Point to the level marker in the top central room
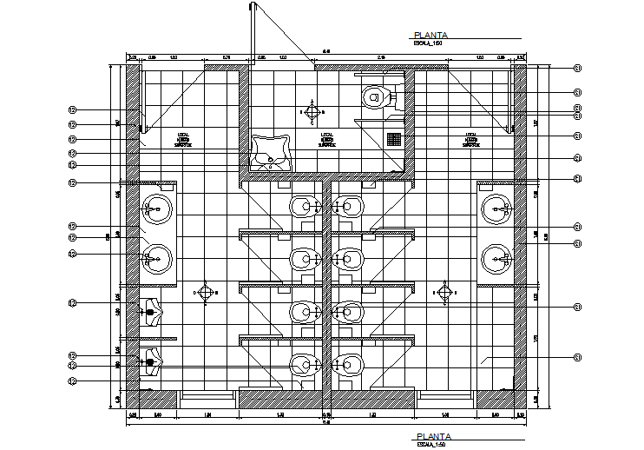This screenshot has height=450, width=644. click(x=312, y=110)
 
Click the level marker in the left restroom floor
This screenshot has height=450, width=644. click(x=205, y=292)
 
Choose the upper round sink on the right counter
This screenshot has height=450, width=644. click(x=497, y=208)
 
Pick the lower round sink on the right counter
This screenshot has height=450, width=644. click(x=497, y=258)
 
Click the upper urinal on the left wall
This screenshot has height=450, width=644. click(x=151, y=311)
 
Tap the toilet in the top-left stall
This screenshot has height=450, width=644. click(x=302, y=207)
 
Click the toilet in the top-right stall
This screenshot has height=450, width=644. click(x=350, y=207)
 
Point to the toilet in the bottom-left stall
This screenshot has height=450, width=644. click(x=302, y=364)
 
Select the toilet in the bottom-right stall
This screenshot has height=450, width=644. click(x=350, y=364)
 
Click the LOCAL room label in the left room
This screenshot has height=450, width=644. click(x=182, y=140)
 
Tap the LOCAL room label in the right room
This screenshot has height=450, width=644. click(x=472, y=140)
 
